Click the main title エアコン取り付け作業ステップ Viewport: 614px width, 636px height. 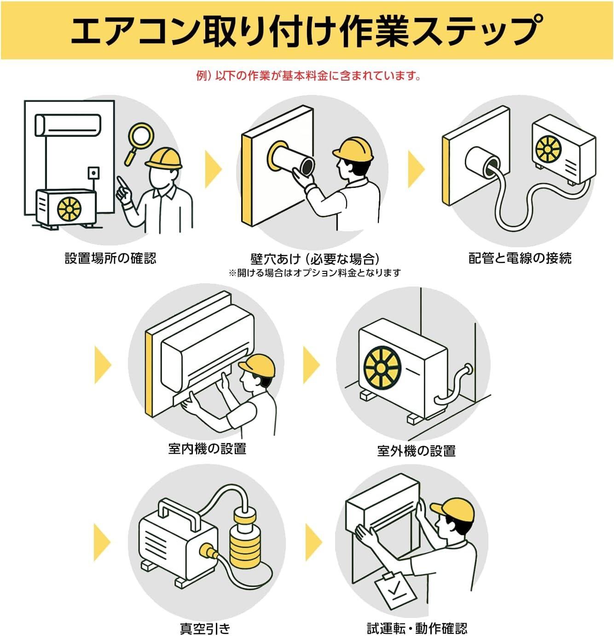tap(307, 30)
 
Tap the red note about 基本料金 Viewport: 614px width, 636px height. tap(308, 75)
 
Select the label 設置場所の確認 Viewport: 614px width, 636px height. tap(110, 258)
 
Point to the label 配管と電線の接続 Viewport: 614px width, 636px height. tap(520, 258)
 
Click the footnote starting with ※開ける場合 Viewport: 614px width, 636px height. tap(315, 273)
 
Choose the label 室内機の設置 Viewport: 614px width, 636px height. tap(207, 448)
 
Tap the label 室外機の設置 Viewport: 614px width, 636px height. tap(416, 450)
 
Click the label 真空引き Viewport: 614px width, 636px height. tap(205, 628)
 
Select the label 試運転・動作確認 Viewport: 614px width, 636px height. tap(417, 628)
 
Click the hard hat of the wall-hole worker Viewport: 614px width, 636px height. tap(353, 148)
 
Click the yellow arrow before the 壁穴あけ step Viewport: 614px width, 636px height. tap(213, 168)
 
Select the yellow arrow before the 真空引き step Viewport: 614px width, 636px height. tap(102, 542)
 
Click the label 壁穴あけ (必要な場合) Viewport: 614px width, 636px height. tap(315, 258)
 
